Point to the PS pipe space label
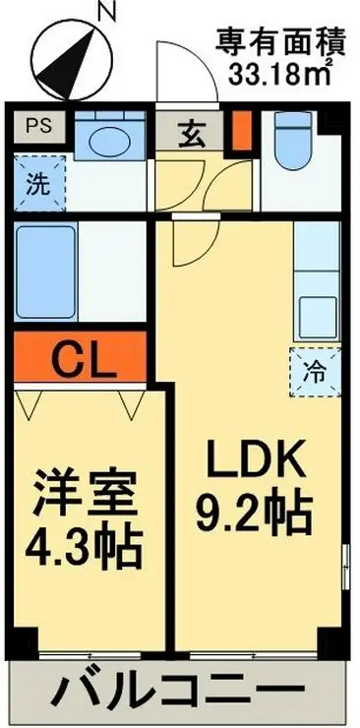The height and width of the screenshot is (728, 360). click(x=37, y=126)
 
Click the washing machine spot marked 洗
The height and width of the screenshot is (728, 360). click(x=37, y=182)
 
